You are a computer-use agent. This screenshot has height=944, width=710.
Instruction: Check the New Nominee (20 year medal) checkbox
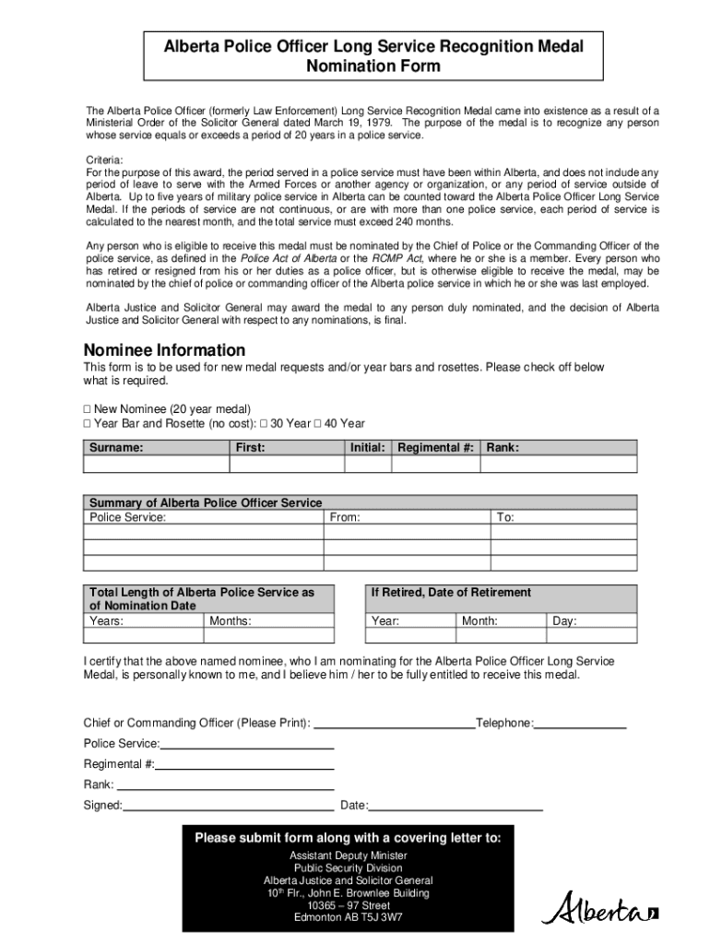pyautogui.click(x=88, y=409)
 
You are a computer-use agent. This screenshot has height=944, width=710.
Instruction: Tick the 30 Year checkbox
pyautogui.click(x=264, y=424)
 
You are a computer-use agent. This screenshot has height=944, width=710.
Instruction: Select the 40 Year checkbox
pyautogui.click(x=317, y=424)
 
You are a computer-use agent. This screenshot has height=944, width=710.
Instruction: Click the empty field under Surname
pyautogui.click(x=155, y=464)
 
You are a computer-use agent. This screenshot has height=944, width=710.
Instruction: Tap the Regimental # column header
pyautogui.click(x=435, y=448)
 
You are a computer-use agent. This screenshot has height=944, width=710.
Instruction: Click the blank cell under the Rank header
pyautogui.click(x=559, y=464)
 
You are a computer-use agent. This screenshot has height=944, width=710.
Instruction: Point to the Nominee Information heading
pyautogui.click(x=164, y=350)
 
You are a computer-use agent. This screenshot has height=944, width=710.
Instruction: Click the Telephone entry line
pyautogui.click(x=580, y=723)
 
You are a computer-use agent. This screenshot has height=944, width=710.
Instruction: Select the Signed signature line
pyautogui.click(x=228, y=805)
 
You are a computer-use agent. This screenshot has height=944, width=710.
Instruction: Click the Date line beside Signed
pyautogui.click(x=456, y=805)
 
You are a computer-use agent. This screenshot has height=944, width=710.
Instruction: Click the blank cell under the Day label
pyautogui.click(x=591, y=636)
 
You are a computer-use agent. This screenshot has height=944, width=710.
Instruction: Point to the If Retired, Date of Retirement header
pyautogui.click(x=451, y=593)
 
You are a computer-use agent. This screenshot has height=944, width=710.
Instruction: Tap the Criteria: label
pyautogui.click(x=104, y=159)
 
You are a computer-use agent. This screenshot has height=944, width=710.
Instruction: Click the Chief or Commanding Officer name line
pyautogui.click(x=395, y=723)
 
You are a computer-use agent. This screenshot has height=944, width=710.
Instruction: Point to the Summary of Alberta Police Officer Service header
pyautogui.click(x=206, y=502)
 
